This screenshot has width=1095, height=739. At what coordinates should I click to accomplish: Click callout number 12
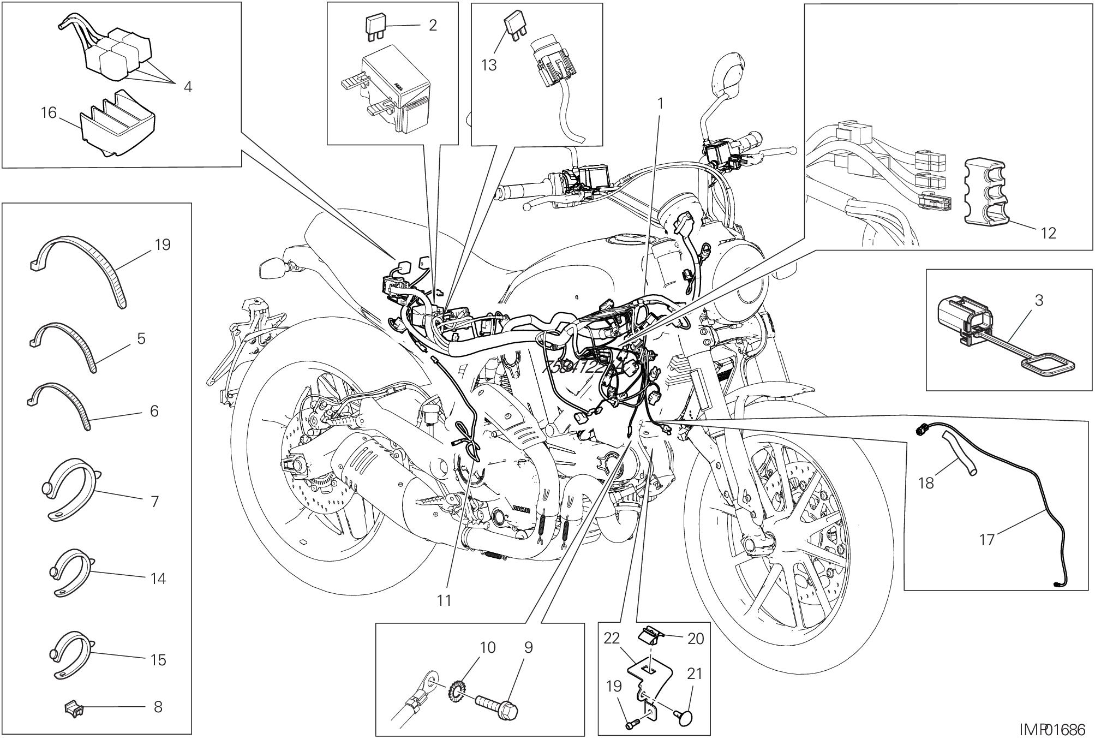(x=1048, y=233)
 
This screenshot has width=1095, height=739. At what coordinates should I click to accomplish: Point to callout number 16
(x=49, y=113)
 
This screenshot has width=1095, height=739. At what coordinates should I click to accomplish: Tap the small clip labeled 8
(x=75, y=708)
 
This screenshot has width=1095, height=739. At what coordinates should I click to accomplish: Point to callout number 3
(x=1039, y=300)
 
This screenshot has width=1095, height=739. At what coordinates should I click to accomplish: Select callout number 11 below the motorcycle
(x=444, y=600)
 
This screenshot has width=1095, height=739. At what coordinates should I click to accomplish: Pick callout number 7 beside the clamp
(x=154, y=501)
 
